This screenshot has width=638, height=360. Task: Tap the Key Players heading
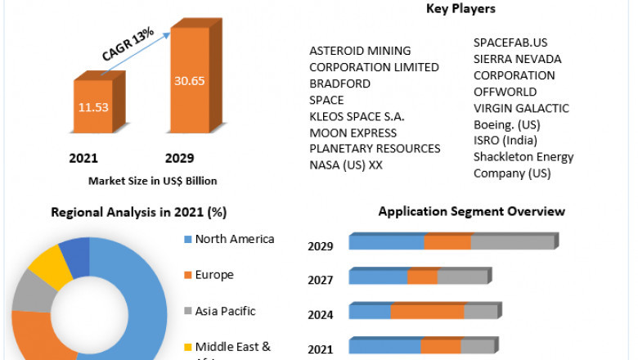461,9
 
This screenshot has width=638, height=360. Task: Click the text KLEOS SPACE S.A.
357,116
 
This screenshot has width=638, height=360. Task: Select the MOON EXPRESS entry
353,133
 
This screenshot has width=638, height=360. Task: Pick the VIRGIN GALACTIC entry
521,108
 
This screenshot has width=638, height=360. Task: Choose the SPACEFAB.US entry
510,43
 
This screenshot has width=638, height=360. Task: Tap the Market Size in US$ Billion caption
152,181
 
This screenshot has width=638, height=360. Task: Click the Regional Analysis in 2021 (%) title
138,213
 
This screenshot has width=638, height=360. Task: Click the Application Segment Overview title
471,211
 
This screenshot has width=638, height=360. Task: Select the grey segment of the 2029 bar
513,242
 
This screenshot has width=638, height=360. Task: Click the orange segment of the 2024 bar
427,312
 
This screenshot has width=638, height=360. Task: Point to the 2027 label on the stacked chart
320,281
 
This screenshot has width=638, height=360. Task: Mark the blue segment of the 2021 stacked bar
384,347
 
